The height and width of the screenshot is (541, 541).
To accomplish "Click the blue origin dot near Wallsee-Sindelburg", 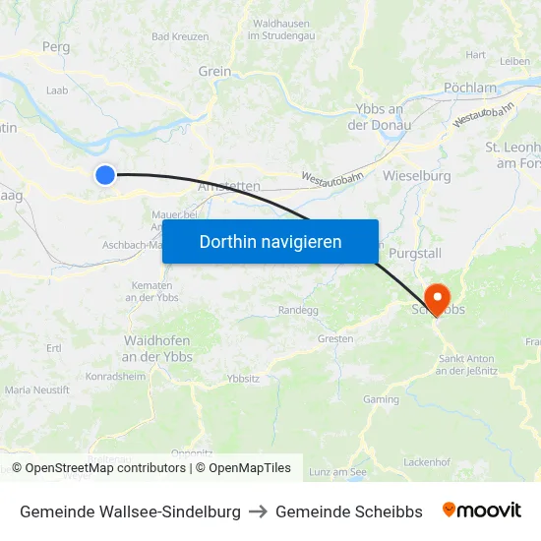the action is click(x=105, y=175).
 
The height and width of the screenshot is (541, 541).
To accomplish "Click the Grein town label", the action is click(x=214, y=71).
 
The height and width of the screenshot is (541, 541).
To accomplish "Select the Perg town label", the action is click(x=56, y=46).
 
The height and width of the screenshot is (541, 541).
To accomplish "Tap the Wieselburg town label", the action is click(x=418, y=176).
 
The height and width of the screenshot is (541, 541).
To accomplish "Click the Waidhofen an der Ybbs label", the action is click(x=157, y=348).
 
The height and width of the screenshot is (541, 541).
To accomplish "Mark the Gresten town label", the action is click(x=335, y=338).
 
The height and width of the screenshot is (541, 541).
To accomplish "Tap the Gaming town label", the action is click(x=381, y=399).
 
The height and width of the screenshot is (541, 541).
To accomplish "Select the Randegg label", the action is click(x=299, y=310).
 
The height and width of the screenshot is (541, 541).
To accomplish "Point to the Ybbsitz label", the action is click(x=243, y=378).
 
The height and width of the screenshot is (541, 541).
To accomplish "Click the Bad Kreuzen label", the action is click(x=180, y=36).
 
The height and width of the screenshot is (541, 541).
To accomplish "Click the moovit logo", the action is click(x=482, y=511).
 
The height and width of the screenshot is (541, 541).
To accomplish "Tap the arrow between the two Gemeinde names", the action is click(x=258, y=511).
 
